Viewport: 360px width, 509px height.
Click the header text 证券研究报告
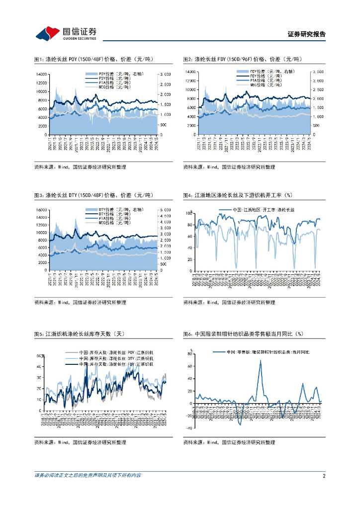click(x=307, y=34)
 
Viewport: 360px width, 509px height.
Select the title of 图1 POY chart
click(x=93, y=59)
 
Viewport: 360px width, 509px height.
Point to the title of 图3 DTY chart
click(x=93, y=196)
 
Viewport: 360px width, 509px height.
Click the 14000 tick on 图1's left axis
click(x=42, y=74)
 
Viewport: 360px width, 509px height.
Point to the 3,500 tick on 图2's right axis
click(x=318, y=72)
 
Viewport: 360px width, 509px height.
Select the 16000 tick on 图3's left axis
click(x=42, y=210)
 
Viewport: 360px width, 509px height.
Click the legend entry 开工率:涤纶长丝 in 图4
click(x=255, y=210)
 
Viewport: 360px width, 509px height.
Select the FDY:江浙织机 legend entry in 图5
click(x=118, y=364)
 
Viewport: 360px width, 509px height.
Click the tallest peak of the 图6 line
click(x=260, y=360)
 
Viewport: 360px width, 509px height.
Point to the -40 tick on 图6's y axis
click(x=189, y=428)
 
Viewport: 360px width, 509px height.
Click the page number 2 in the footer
click(x=324, y=476)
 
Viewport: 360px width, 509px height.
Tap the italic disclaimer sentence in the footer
click(x=88, y=476)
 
